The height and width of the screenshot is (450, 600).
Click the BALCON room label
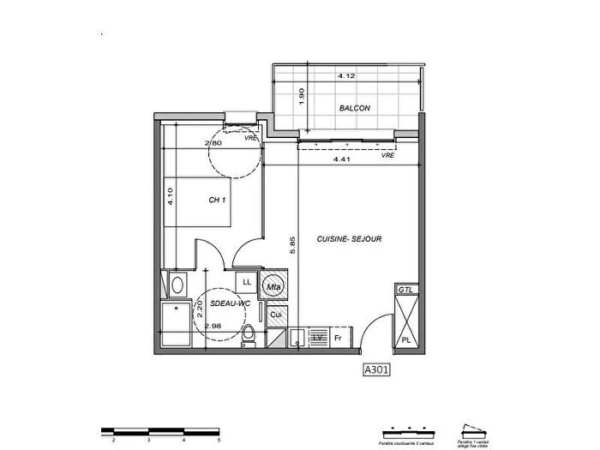click(x=354, y=108)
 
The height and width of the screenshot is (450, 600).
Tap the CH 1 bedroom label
click(x=218, y=201)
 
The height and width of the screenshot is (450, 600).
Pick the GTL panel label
click(x=405, y=291)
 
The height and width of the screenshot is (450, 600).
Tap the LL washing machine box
click(x=247, y=282)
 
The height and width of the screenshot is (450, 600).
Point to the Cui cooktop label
click(x=275, y=315)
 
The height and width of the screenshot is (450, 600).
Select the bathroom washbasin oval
click(x=177, y=284)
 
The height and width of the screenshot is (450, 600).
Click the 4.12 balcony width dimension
click(x=346, y=76)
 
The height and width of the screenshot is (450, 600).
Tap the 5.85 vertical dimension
click(x=292, y=246)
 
